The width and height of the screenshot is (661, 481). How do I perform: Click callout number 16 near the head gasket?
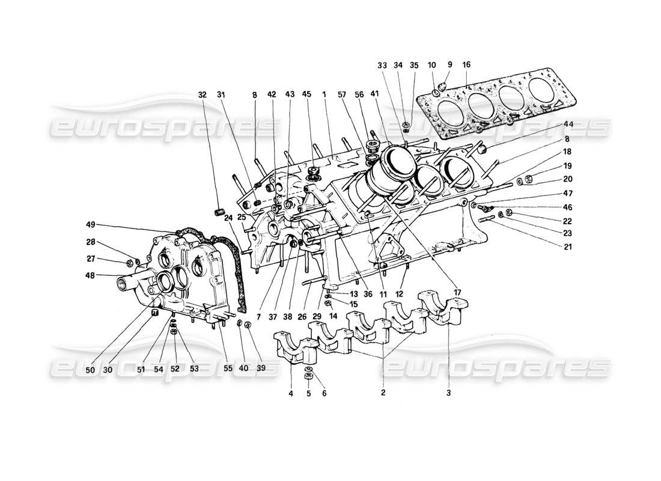(x=467, y=65)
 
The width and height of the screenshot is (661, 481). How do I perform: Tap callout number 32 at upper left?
(x=203, y=94)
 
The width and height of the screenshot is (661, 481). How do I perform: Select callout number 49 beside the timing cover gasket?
(x=91, y=224)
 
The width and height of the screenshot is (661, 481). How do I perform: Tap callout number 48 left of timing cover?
(x=91, y=277)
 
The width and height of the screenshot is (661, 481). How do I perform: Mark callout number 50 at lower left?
(x=90, y=369)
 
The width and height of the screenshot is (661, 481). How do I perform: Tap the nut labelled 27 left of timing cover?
(x=129, y=262)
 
